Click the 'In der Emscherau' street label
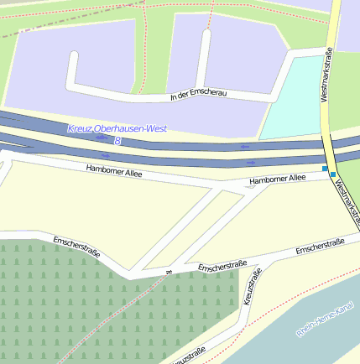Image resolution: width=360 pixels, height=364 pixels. tap(198, 96)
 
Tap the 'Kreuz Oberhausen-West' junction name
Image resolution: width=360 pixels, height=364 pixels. tap(117, 128)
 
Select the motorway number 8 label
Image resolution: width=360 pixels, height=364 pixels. tap(117, 141)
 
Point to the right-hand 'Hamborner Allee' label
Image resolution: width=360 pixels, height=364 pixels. tap(279, 179)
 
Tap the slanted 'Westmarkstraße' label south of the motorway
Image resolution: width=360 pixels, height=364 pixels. tap(347, 201)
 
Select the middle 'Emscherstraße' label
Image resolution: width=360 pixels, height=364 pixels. tap(222, 267)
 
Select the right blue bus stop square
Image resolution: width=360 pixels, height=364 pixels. tap(333, 174)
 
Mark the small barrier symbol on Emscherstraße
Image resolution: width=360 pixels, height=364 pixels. tap(168, 272)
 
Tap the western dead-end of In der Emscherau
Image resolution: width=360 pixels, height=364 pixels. tap(74, 57)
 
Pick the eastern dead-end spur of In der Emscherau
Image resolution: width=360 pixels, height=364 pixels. tap(206, 38)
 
